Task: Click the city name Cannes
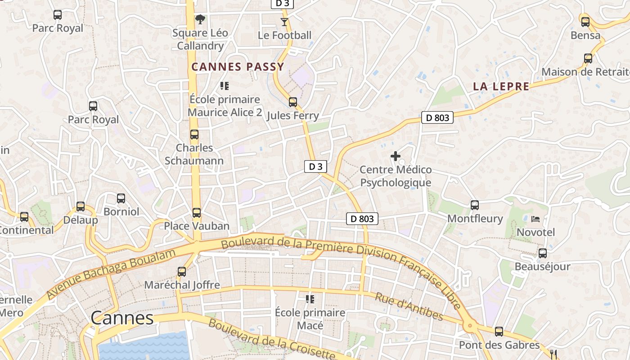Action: click(122, 318)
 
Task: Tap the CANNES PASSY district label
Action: click(238, 67)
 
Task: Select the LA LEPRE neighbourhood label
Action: click(501, 86)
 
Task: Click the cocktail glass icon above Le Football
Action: click(284, 22)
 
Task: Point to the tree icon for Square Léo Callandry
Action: click(200, 19)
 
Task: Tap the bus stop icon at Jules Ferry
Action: click(293, 102)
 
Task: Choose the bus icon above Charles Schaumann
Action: click(194, 135)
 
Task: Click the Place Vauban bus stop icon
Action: click(197, 213)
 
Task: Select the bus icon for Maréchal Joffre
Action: click(182, 272)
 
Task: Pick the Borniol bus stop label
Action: click(121, 211)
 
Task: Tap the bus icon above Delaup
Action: click(81, 207)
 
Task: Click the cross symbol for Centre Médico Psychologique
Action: click(396, 156)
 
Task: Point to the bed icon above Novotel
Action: click(535, 219)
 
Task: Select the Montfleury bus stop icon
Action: click(475, 205)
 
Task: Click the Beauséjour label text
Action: click(542, 266)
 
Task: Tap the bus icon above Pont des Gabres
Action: click(499, 332)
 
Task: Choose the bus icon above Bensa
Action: click(585, 22)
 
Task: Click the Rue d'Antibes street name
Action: click(409, 306)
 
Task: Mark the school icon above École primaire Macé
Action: click(310, 299)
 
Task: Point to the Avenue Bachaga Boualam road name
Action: click(111, 274)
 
